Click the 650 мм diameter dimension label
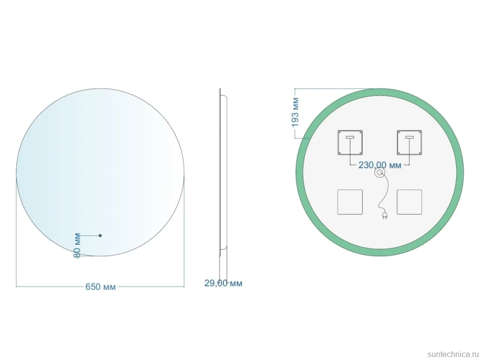tap(100, 287)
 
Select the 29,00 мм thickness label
tap(223, 283)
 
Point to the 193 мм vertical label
tap(295, 112)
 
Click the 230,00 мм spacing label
tap(380, 165)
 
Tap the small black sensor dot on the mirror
tap(100, 235)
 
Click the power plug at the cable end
tap(384, 216)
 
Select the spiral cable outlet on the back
tap(380, 173)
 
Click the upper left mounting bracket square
tap(350, 142)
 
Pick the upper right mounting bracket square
tap(409, 142)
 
